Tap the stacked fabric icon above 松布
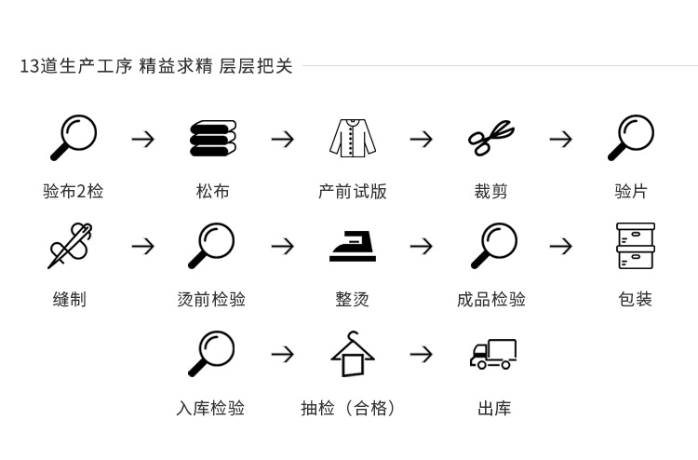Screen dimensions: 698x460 213,138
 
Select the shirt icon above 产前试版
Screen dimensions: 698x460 353,138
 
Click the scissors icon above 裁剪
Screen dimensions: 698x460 490,138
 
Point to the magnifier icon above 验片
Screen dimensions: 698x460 631,138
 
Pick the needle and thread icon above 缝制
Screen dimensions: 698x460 70,246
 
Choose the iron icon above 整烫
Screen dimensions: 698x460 353,246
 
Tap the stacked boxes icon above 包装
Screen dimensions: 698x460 635,246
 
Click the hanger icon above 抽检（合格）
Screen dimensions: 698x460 353,354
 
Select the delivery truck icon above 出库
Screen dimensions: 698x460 493,354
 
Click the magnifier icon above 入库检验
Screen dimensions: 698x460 211,354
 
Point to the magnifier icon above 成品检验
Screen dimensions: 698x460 493,246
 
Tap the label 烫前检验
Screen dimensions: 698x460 211,300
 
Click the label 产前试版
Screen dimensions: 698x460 353,192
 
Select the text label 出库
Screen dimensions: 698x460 494,408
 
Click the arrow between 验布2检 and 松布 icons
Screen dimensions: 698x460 142,139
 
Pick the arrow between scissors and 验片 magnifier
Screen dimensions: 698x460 560,139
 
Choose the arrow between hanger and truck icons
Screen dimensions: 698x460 422,355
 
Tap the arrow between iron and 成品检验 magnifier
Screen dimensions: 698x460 422,247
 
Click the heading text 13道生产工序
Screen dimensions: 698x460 75,66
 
